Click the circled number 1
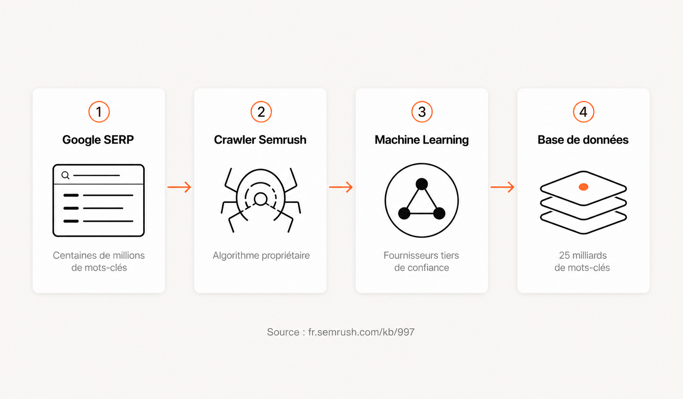click(99, 112)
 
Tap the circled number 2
click(261, 112)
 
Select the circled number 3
click(422, 112)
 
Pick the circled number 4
click(583, 112)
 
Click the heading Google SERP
click(98, 140)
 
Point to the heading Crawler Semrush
click(260, 140)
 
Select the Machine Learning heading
click(421, 140)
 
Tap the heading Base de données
click(583, 140)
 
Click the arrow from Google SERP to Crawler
click(179, 187)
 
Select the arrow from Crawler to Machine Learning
click(341, 187)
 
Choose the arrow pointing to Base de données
click(502, 187)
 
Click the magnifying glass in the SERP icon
click(65, 175)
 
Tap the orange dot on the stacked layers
click(583, 187)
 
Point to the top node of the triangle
click(422, 184)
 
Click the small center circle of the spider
click(261, 199)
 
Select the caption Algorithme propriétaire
click(261, 255)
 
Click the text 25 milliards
click(583, 255)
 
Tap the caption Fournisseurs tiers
click(421, 255)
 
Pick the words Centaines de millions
click(99, 255)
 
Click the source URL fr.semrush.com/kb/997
click(361, 332)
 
